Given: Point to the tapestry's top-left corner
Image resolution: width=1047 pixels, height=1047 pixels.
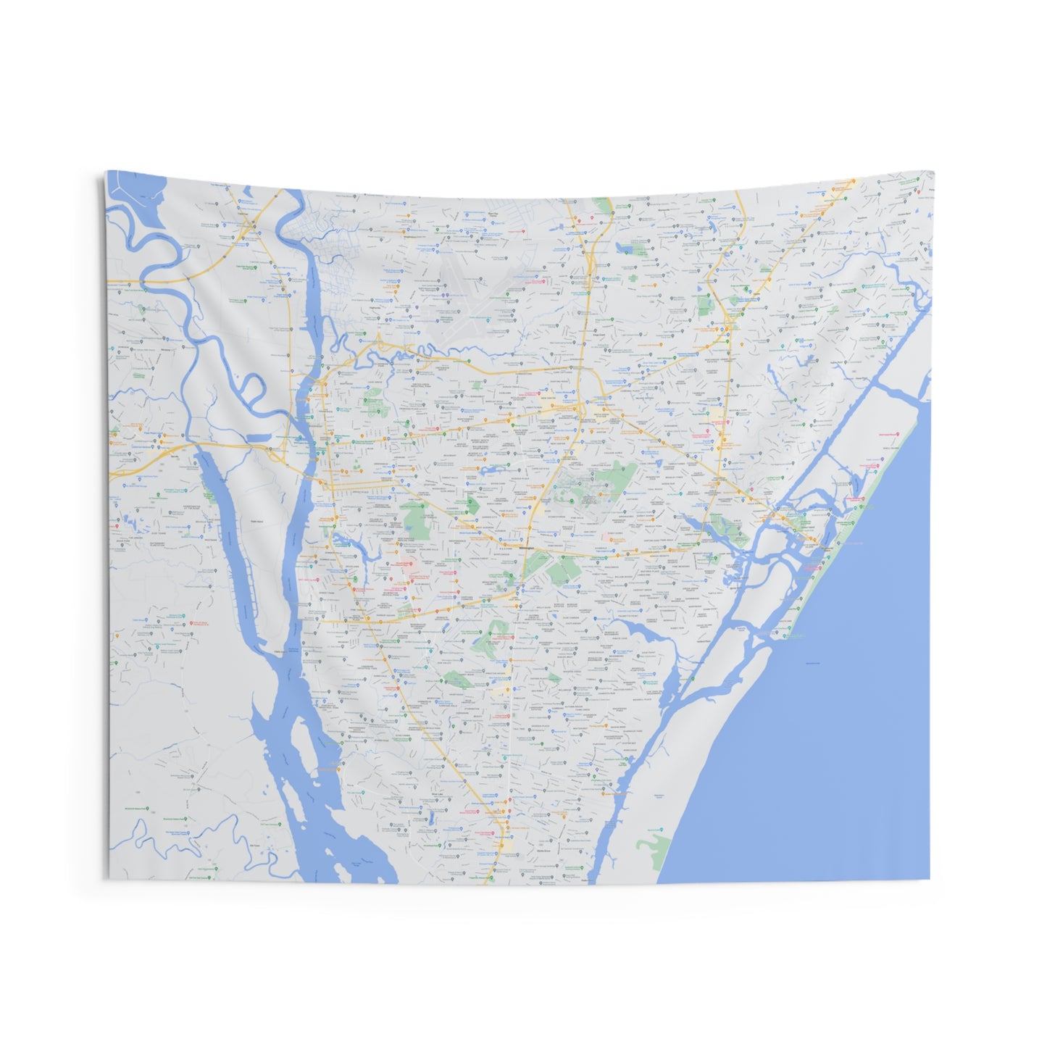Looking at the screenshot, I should point(107,172).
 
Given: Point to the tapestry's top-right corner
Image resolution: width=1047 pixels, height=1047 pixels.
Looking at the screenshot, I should point(933,173).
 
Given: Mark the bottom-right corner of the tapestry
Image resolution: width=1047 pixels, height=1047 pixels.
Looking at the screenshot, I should point(929,879).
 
